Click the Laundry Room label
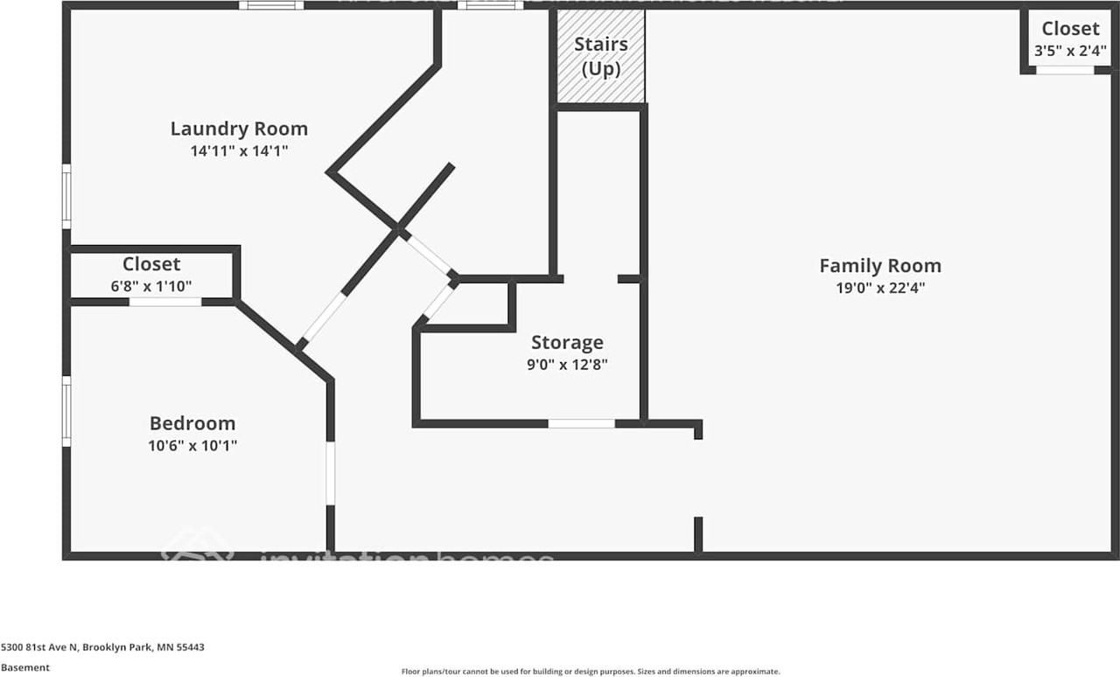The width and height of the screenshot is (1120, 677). (239, 129)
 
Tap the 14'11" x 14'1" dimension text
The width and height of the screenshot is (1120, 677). (239, 150)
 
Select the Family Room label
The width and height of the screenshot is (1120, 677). (879, 265)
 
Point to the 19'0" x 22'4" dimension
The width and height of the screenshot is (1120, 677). (879, 287)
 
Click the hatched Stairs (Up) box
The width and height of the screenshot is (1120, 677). (601, 56)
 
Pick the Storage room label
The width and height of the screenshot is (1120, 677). (567, 342)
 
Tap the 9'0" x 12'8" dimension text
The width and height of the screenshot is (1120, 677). (567, 364)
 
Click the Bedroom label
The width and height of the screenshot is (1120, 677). (192, 423)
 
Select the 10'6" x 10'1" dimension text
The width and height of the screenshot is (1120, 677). (192, 445)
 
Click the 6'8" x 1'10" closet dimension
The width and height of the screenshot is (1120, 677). (151, 285)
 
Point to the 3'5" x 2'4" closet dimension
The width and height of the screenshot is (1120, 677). (1070, 51)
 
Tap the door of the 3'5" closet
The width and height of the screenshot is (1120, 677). (1065, 70)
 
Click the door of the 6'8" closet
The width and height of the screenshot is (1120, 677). (165, 302)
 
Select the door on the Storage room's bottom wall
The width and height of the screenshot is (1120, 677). (582, 423)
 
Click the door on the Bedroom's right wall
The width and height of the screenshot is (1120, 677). (331, 472)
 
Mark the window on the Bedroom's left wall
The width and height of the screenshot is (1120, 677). (66, 411)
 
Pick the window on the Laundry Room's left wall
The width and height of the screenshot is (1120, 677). (66, 196)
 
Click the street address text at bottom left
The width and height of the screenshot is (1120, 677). (102, 647)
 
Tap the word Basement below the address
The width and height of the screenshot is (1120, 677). (25, 667)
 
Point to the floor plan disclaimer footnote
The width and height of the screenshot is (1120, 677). (591, 672)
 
